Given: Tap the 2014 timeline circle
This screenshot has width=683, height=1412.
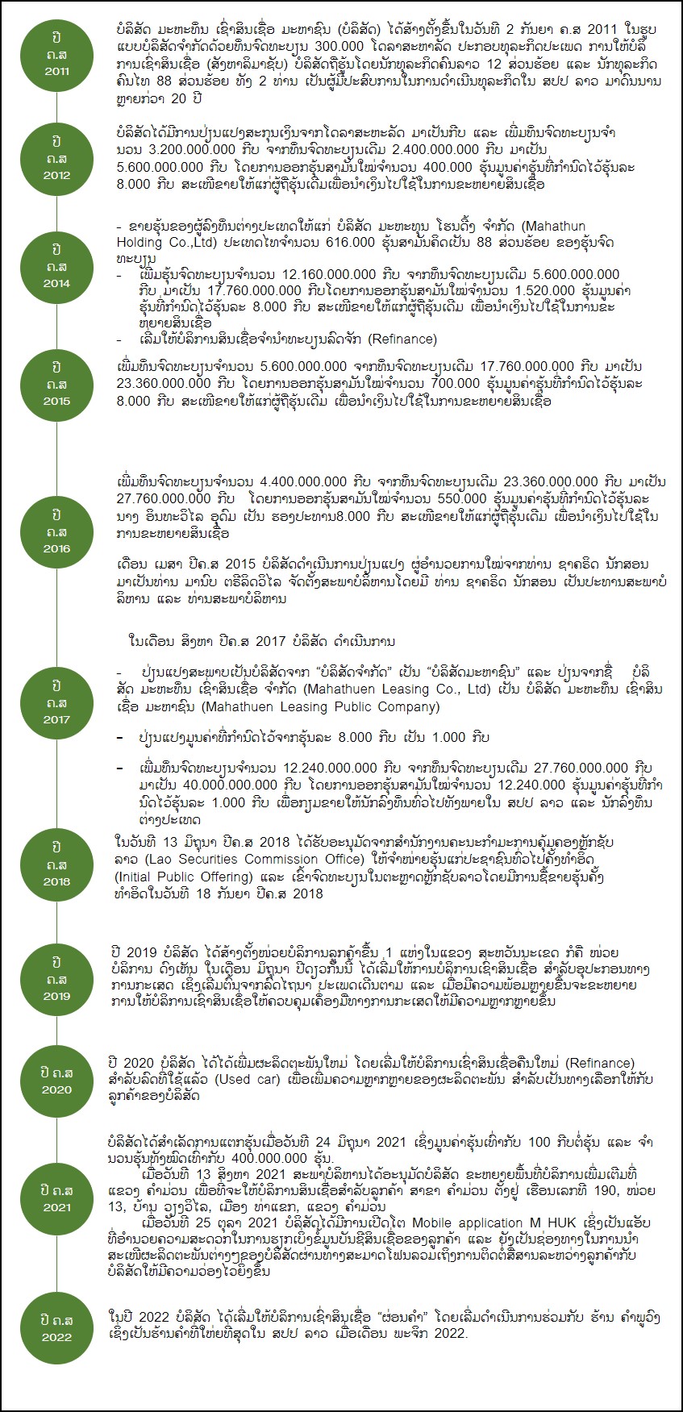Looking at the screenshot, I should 56,266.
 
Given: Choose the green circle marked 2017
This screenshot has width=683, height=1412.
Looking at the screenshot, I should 56,702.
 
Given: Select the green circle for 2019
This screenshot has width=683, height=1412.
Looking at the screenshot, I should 56,979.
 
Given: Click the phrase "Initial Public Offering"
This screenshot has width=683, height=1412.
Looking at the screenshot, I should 183,876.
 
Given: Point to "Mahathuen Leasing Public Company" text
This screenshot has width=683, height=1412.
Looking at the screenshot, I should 320,707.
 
